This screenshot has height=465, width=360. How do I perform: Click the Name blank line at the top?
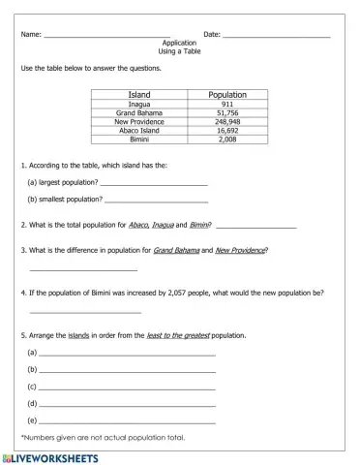point(106,36)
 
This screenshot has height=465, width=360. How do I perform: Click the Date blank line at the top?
point(276,36)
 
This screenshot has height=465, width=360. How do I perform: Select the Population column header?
point(226,95)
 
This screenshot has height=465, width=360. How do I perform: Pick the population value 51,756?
point(226,113)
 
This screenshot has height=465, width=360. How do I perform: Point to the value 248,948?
point(226,122)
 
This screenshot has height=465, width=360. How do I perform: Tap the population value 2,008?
point(226,139)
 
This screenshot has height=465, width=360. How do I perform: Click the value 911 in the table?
point(226,105)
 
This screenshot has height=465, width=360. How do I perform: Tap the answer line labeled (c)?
point(126,387)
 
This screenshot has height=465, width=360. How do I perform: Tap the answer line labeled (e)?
point(126,420)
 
